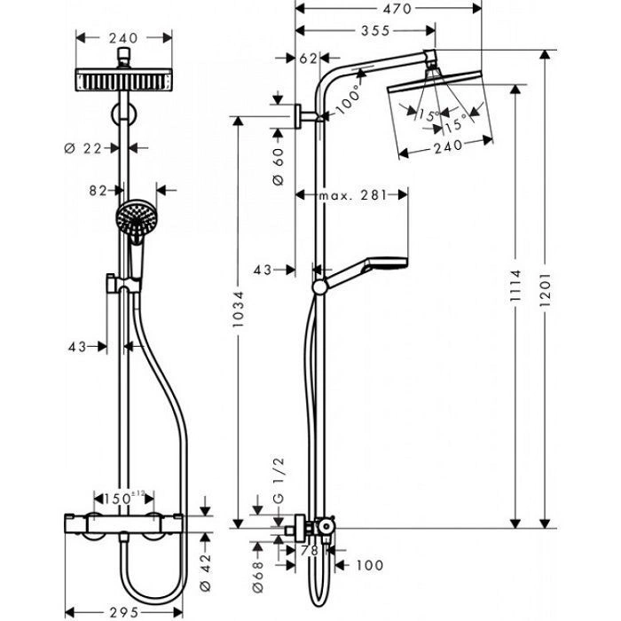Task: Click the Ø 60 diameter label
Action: pos(278,166)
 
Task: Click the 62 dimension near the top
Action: pos(308,59)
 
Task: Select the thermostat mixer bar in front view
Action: pos(130,523)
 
